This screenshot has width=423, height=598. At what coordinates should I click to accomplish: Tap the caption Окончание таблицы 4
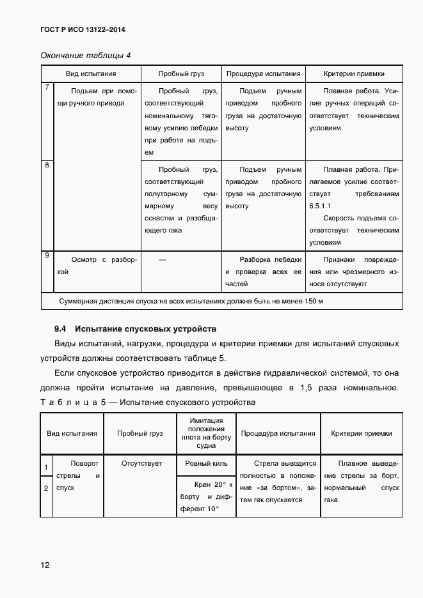tap(85, 55)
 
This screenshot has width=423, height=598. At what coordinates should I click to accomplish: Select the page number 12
tap(45, 565)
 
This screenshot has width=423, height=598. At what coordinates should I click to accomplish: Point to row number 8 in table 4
tap(47, 165)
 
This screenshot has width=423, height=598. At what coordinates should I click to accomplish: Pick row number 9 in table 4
tap(47, 256)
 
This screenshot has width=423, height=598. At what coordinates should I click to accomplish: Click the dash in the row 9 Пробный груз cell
tap(161, 259)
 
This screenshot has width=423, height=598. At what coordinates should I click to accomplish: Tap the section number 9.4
tap(61, 329)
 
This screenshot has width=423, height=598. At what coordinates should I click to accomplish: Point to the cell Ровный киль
tap(206, 463)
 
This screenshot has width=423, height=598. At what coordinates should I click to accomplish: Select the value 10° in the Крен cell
tap(212, 509)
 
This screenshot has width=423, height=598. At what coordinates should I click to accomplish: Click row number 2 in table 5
tap(46, 488)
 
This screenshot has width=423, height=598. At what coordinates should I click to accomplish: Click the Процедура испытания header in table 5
tap(278, 433)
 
